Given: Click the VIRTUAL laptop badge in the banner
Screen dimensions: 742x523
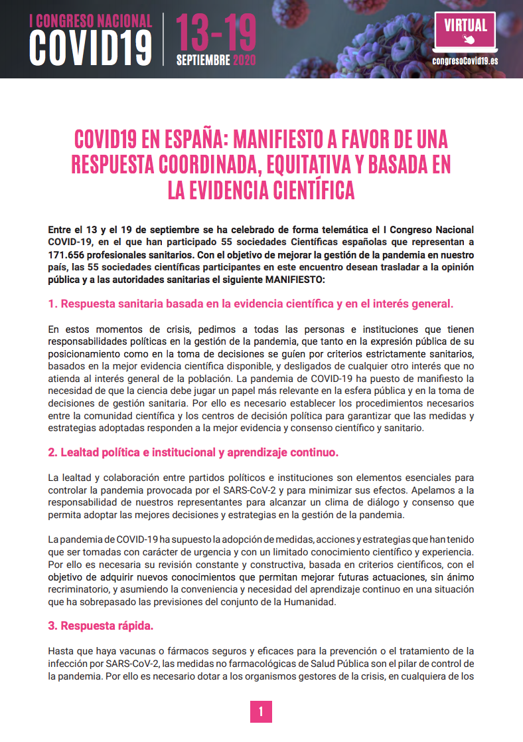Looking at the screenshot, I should click(x=465, y=30).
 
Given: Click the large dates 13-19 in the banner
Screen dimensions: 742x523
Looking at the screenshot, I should click(x=215, y=31).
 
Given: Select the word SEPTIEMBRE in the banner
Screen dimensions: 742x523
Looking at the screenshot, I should click(x=203, y=60).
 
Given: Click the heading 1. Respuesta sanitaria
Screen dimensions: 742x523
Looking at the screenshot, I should click(x=250, y=304).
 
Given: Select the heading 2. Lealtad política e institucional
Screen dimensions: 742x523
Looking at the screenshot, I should click(x=192, y=453).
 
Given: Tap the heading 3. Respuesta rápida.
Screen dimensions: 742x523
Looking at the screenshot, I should click(x=106, y=626).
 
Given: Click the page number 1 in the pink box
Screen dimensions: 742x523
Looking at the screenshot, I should click(x=261, y=712).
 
